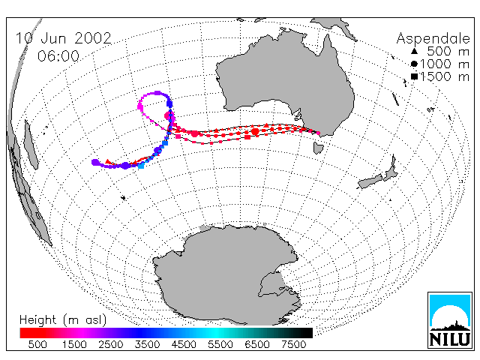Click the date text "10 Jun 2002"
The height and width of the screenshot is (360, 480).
[63, 38]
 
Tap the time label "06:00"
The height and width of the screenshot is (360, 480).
[58, 56]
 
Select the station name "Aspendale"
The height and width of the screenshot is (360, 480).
[433, 38]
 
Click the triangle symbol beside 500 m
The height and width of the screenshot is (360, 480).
[414, 51]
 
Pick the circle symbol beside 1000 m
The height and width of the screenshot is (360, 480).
[414, 64]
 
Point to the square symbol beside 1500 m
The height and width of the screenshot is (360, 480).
[415, 76]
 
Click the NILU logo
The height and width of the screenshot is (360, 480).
[450, 320]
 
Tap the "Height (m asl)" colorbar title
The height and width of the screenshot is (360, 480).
[63, 320]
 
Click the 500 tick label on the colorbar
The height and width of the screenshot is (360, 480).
[37, 344]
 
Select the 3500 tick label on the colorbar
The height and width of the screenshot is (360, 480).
[147, 344]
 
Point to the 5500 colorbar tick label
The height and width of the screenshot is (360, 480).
[220, 344]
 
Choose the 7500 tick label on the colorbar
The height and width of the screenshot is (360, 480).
[293, 344]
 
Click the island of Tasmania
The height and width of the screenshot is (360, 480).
[318, 148]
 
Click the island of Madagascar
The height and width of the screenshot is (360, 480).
[31, 145]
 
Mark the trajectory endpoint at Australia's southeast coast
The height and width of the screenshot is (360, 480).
[318, 133]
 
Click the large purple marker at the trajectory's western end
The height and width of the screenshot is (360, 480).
[95, 163]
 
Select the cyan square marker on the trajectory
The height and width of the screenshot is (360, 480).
[141, 166]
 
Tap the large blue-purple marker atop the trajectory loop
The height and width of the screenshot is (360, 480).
[157, 93]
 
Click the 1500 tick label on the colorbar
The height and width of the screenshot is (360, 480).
[74, 344]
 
